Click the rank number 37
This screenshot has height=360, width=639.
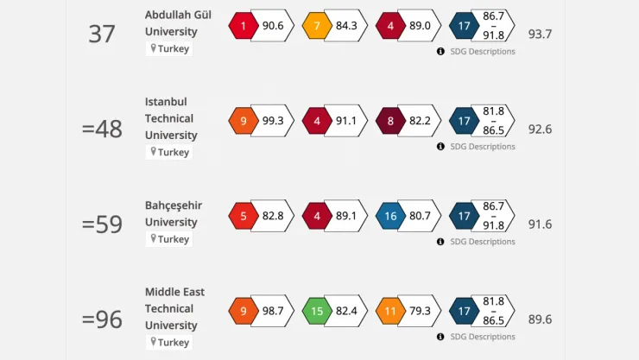pos(102,34)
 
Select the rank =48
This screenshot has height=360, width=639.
pos(102,129)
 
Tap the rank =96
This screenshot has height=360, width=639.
pos(102,319)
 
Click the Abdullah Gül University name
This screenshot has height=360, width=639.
pos(178,23)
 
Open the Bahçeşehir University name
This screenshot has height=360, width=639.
pos(174,213)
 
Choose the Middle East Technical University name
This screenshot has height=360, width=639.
pos(174,308)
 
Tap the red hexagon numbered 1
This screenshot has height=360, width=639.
pos(243,26)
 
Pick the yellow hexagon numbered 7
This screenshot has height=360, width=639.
pos(317,26)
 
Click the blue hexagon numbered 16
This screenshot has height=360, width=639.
pos(390,216)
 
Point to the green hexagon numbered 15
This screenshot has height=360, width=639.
pos(317,311)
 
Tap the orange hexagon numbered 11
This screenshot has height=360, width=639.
pos(390,311)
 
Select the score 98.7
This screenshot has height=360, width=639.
pos(272,311)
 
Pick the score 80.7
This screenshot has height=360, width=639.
pos(420,216)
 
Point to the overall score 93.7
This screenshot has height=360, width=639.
pos(540,35)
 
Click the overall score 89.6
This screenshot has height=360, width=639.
pos(540,319)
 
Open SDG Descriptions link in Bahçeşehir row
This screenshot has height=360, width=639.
pos(481,242)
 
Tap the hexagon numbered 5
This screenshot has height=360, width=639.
pos(243,216)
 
